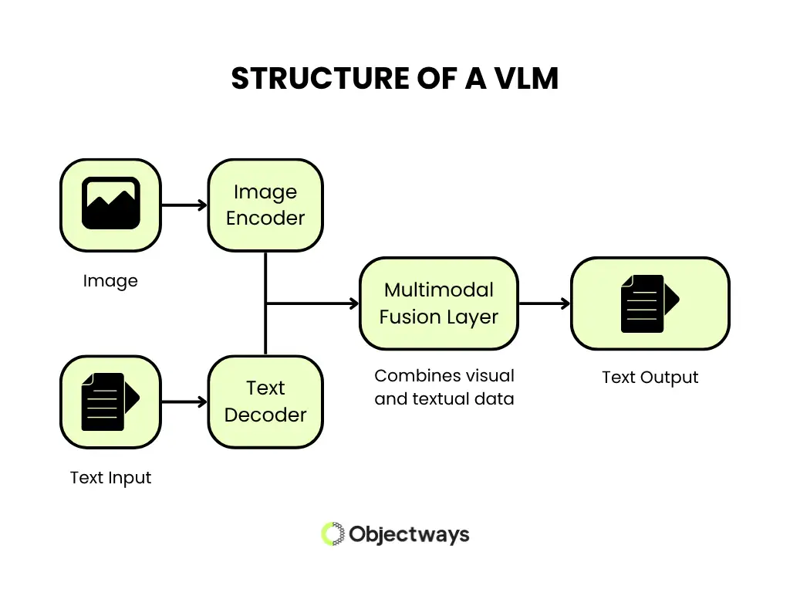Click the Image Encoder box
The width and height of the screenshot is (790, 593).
pyautogui.click(x=265, y=205)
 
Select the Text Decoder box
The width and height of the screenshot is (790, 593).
pyautogui.click(x=265, y=402)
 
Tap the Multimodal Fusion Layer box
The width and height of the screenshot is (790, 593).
pyautogui.click(x=438, y=303)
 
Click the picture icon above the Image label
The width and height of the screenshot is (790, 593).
pyautogui.click(x=110, y=205)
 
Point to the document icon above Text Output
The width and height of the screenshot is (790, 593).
pyautogui.click(x=650, y=303)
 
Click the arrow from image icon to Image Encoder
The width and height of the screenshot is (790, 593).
pyautogui.click(x=184, y=205)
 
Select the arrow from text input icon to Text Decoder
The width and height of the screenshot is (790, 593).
pyautogui.click(x=184, y=402)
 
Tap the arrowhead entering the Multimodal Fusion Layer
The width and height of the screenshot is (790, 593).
pyautogui.click(x=353, y=303)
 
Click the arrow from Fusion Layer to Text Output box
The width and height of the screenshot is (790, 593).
pyautogui.click(x=544, y=303)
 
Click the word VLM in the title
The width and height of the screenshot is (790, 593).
pyautogui.click(x=521, y=79)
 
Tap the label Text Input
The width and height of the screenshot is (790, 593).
pyautogui.click(x=110, y=478)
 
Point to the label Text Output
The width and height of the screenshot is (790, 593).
pyautogui.click(x=650, y=378)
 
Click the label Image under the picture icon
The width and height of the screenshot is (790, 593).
pyautogui.click(x=110, y=281)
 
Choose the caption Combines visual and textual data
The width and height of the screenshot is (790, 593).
pyautogui.click(x=444, y=388)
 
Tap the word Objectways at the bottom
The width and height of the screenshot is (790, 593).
pyautogui.click(x=409, y=534)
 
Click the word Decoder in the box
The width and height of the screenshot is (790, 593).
pyautogui.click(x=265, y=415)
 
